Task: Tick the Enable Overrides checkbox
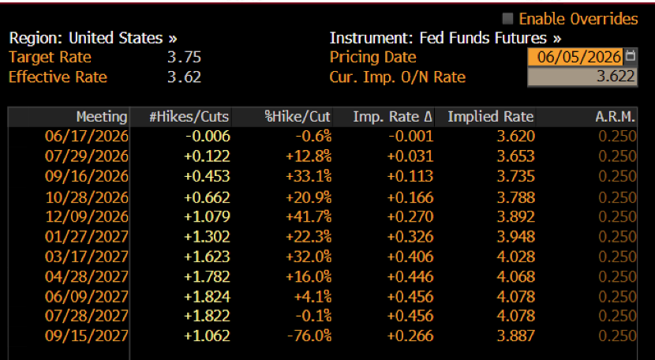coord(507,19)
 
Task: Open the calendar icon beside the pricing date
coord(631,56)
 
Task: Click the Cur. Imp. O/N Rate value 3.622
coord(582,77)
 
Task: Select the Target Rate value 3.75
coord(184,58)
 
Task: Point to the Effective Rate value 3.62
coord(184,77)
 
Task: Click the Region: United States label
coord(93,38)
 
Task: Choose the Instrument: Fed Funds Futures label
coord(445,38)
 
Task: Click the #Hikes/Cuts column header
coord(189,117)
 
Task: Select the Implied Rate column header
coord(490,117)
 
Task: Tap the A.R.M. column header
coord(616,117)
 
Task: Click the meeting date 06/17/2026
coord(87,137)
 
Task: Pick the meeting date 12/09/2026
coord(87,216)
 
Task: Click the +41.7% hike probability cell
coord(309,216)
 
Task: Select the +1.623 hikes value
coord(208,257)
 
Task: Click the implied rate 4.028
coord(516,257)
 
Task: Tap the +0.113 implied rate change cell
coord(410,176)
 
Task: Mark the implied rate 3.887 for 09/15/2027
coord(516,336)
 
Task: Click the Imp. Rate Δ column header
coord(392,117)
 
